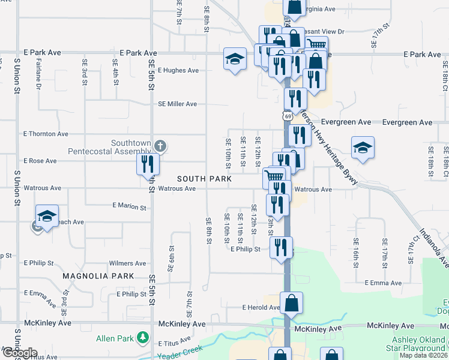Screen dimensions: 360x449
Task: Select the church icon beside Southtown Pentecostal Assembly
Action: (160, 146)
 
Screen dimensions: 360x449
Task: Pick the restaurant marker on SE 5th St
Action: (148, 164)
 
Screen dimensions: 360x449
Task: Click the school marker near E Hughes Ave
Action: (235, 59)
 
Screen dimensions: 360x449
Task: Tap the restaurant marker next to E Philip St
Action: (281, 247)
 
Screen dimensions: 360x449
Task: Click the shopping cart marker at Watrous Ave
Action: (274, 176)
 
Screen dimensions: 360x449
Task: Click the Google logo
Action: (19, 353)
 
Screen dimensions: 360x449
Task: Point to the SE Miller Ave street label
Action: (178, 104)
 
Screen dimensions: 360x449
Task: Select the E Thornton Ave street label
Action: (46, 134)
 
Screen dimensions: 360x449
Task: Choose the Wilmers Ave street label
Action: (127, 263)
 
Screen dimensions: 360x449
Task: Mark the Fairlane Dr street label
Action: (38, 74)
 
